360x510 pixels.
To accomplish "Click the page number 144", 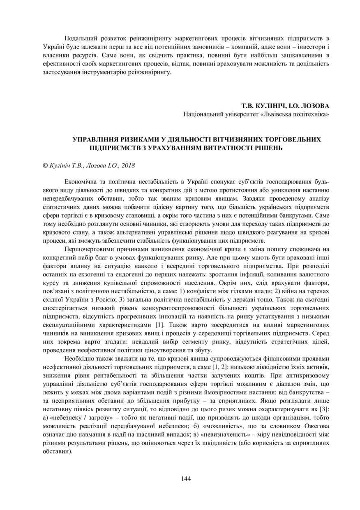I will pos(186,478).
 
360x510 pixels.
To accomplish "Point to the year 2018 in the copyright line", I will pos(128,166).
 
